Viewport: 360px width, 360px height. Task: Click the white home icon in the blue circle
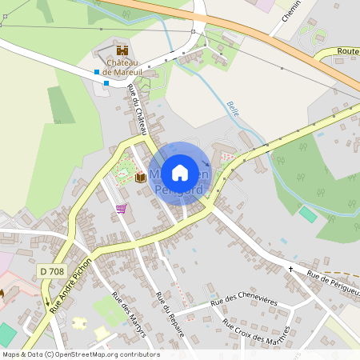coord(180,172)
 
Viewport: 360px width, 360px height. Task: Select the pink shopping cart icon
coord(121,209)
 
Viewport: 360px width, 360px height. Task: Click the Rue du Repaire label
coord(169,313)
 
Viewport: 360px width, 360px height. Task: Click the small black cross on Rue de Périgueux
coord(290,269)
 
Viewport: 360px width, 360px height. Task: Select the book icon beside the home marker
coord(140,176)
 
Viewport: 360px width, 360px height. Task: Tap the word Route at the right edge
coord(348,51)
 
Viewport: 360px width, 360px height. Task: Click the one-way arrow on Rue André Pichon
coord(47,302)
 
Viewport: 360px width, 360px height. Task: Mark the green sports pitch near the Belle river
coord(308,214)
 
